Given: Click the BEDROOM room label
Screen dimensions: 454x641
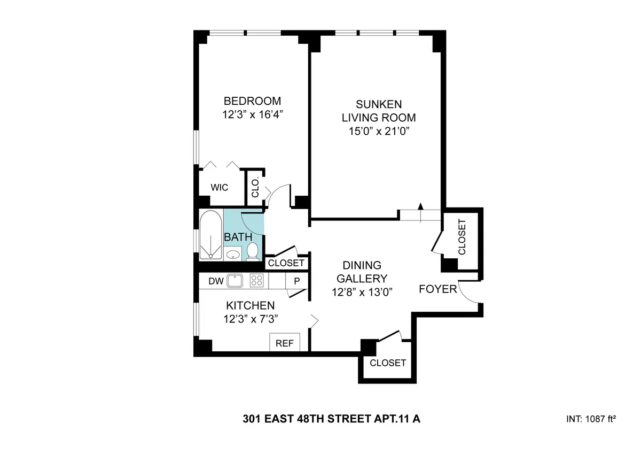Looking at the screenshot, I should [252, 101].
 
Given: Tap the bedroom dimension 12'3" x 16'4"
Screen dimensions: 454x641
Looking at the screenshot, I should [252, 114].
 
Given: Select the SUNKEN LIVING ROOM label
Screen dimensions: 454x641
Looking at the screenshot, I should [379, 111].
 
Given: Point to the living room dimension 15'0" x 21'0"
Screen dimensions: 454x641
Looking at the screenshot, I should [379, 132].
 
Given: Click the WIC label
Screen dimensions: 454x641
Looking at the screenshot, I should [219, 188].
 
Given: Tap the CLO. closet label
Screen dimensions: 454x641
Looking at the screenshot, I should [255, 187].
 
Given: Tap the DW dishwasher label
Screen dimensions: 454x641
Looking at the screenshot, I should [215, 280].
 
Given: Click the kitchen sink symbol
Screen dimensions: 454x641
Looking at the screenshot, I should [235, 280].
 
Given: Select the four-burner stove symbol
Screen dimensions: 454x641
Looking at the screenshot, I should [257, 280].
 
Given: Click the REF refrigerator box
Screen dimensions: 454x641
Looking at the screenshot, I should [284, 343].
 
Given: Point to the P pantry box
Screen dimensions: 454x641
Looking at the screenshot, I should [296, 281].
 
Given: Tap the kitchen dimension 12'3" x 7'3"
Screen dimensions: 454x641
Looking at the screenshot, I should [251, 319].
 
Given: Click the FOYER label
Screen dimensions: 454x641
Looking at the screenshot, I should [437, 289].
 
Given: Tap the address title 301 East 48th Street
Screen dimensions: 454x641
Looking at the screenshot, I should [331, 419].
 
